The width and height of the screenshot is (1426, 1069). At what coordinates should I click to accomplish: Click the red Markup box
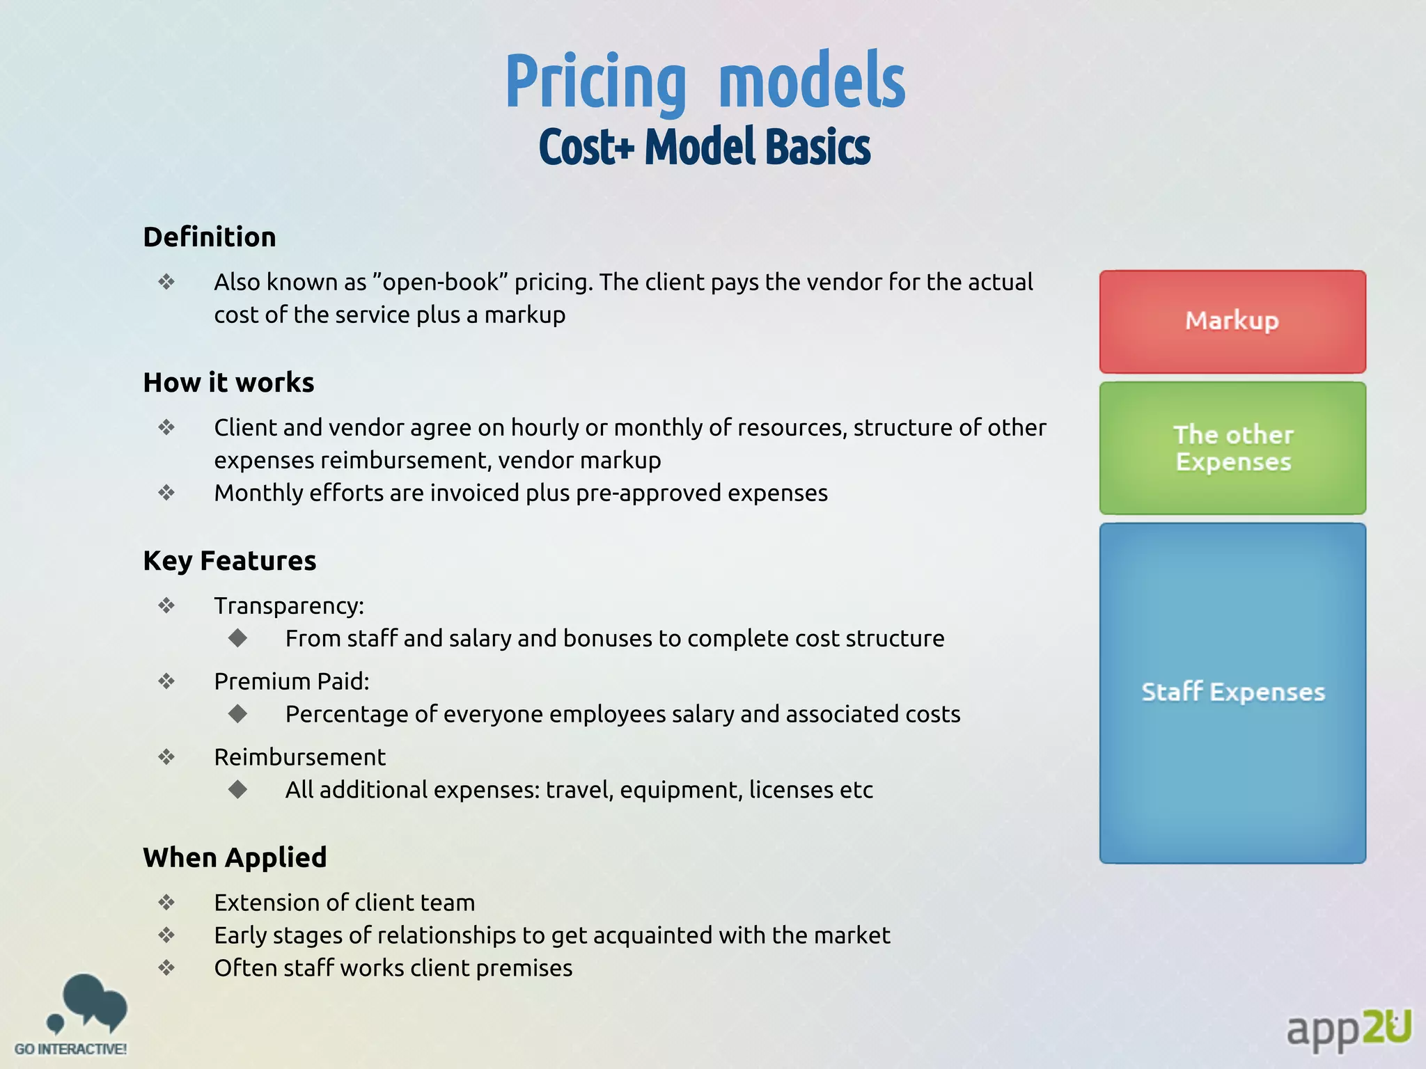1232,322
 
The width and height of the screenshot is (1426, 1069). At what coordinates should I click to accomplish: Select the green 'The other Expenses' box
1232,448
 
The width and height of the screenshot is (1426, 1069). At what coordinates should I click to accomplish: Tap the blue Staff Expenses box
1232,692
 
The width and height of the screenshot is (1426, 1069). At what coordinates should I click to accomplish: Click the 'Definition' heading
210,237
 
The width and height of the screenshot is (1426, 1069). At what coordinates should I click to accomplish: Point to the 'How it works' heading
228,383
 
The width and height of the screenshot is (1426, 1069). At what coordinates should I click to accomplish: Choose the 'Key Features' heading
229,561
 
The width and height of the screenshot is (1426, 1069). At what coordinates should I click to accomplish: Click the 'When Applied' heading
235,857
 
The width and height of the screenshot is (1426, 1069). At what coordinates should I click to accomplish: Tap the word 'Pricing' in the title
595,82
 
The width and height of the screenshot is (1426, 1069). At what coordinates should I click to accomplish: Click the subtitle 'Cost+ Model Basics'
704,147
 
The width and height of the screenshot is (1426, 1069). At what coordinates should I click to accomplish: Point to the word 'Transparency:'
289,606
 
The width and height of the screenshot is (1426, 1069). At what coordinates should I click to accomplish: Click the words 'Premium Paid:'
292,681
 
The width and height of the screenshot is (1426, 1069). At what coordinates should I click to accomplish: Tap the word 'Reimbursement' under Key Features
299,757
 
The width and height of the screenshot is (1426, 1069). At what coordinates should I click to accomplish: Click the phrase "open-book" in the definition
440,283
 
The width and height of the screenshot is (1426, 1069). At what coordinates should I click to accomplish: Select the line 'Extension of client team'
344,903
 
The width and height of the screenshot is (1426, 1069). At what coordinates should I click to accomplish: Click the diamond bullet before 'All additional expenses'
238,789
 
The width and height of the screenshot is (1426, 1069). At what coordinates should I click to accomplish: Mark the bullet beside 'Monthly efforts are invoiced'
166,493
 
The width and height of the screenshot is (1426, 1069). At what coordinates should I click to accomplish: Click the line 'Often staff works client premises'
393,968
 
